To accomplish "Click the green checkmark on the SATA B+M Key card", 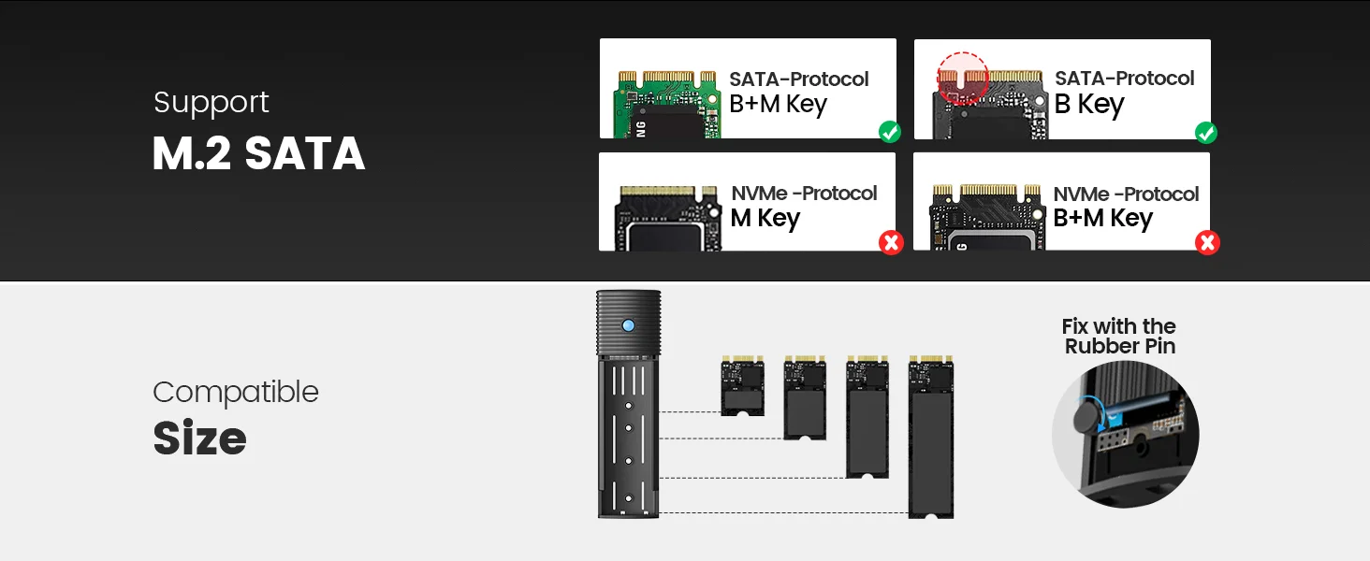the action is pos(890,132).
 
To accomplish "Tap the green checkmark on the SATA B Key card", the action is pos(1206,133).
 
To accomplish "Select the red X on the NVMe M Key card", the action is pos(891,243).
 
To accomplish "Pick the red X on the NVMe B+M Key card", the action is pos(1207,243).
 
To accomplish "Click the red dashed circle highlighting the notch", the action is pos(963,78).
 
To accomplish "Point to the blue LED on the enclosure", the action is pos(628,325).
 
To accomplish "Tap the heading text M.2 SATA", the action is pos(258,154).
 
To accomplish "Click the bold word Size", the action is pos(199,439).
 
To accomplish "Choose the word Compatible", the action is pos(236,392).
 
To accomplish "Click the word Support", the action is pos(211,102).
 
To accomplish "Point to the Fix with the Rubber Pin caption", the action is pos(1119,336).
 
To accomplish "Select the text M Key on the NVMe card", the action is pos(765,219).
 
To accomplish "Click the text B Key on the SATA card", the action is pos(1089,105).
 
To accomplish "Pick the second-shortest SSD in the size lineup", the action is pos(805,397).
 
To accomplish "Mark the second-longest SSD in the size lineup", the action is pos(867,416).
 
